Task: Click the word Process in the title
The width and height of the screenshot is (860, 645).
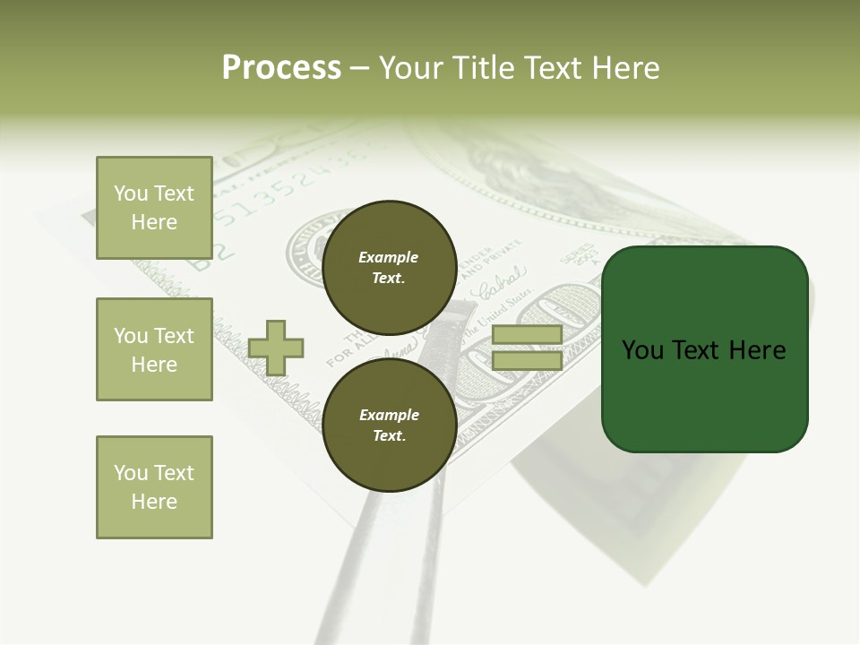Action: [281, 67]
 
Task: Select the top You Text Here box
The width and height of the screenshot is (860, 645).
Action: [154, 208]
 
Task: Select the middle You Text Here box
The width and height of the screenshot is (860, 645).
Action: [154, 349]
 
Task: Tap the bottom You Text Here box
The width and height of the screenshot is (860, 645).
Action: [154, 487]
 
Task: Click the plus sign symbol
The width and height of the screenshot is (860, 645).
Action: [276, 348]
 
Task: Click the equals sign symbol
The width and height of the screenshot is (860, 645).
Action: [527, 348]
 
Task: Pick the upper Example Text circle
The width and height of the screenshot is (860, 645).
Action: [389, 267]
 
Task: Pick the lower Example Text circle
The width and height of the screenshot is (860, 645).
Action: [389, 426]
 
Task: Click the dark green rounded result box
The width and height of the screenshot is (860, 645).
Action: [704, 349]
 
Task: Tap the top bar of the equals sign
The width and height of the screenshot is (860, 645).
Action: [527, 335]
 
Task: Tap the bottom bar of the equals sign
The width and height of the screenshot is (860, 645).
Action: [527, 360]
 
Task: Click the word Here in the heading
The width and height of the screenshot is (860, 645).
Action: [624, 67]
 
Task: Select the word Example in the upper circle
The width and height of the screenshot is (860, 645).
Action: [388, 257]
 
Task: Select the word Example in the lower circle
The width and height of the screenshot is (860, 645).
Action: [389, 415]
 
